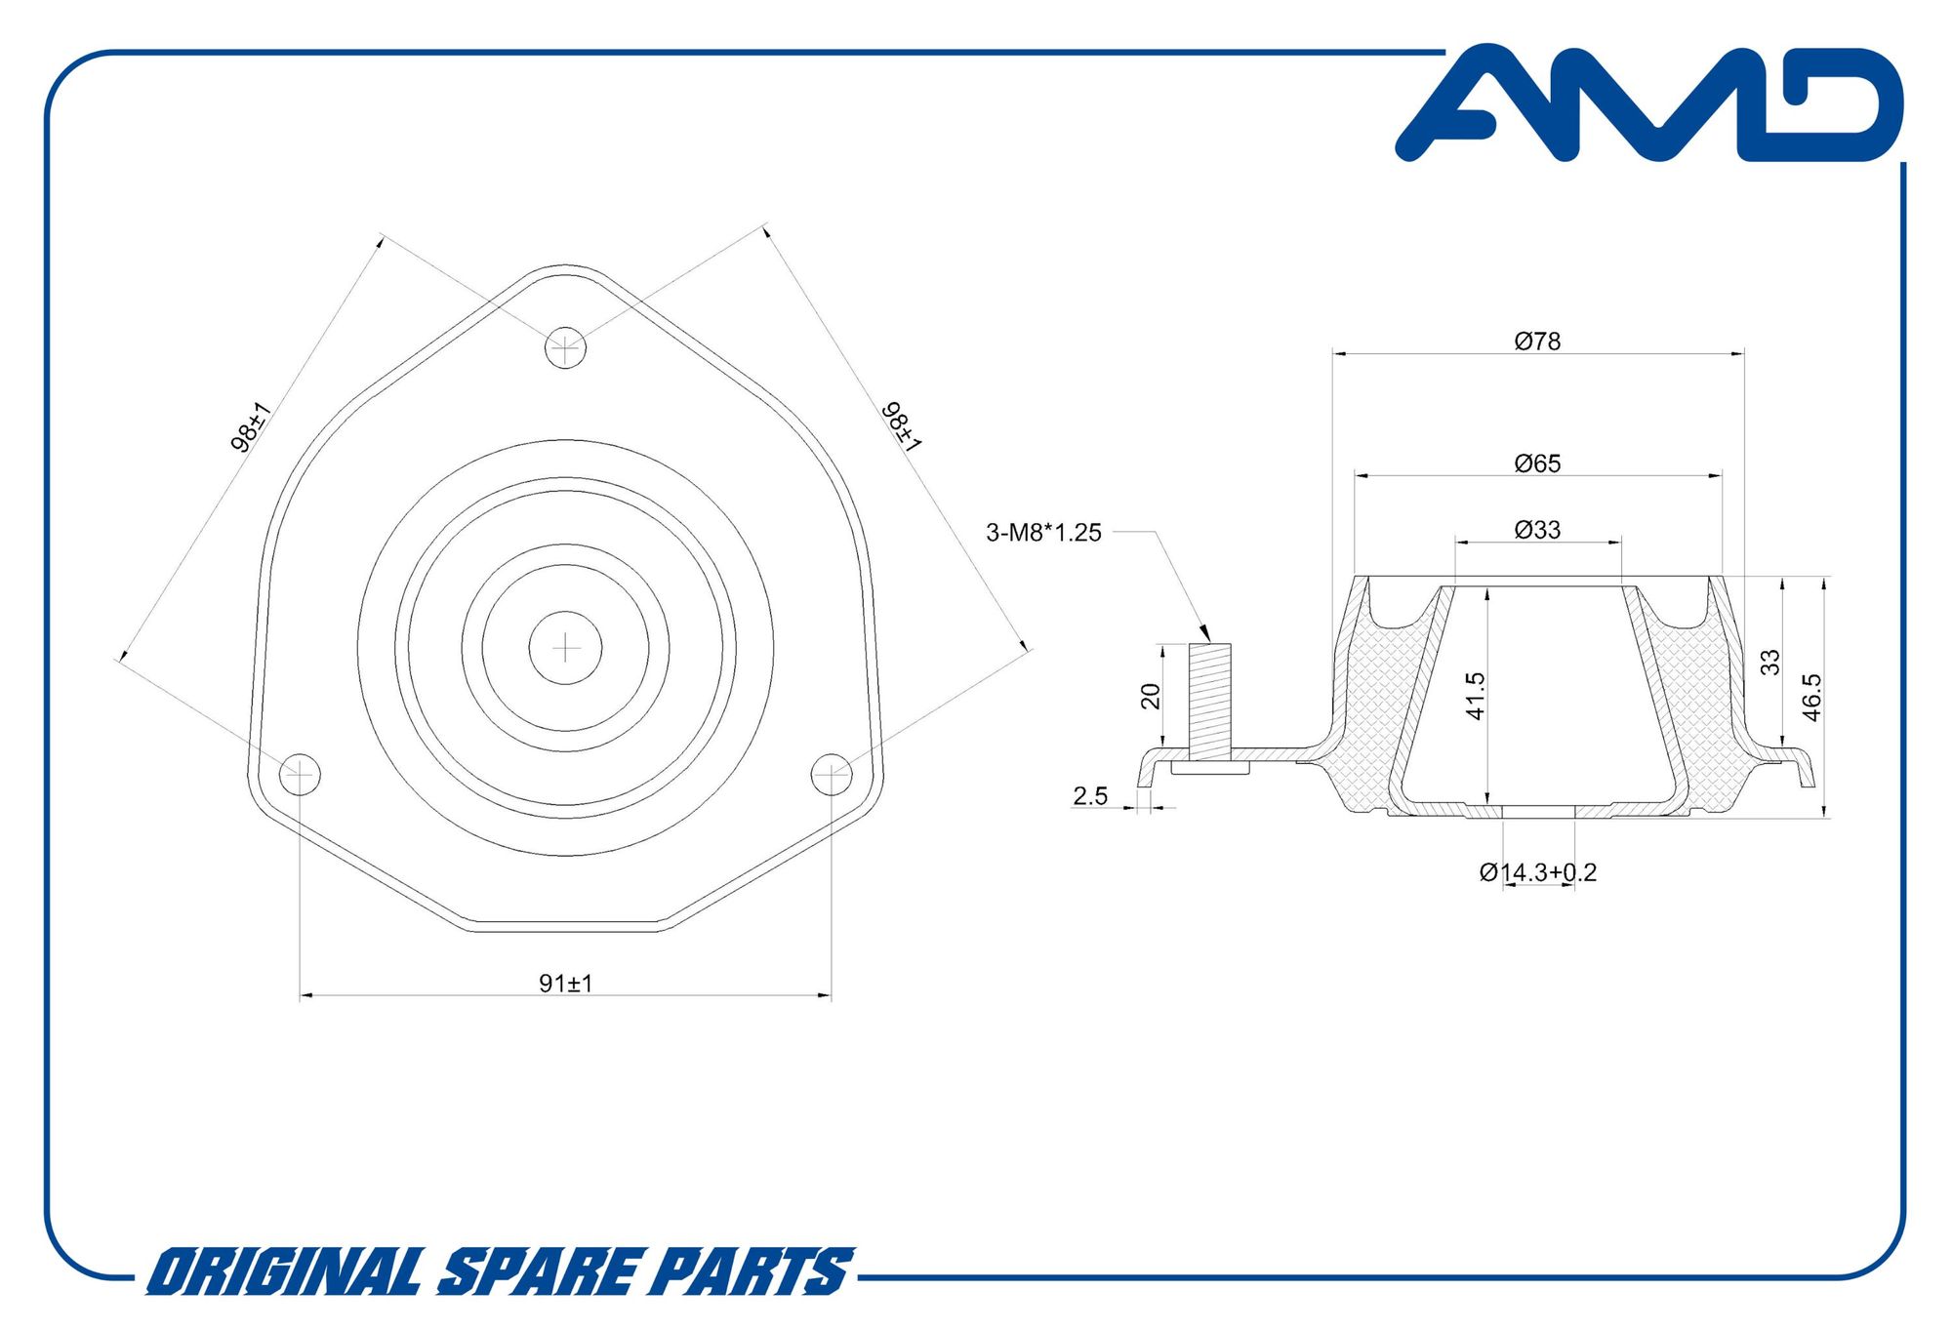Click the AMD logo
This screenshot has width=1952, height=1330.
[1649, 102]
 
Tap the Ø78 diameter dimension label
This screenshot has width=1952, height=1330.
[1537, 342]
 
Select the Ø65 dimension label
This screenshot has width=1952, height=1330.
[1537, 463]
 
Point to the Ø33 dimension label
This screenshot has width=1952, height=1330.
[1537, 530]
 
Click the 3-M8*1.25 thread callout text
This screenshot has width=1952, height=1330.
[1043, 533]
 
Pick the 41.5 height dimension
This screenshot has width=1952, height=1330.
[1475, 696]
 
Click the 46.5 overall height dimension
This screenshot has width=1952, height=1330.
[1811, 697]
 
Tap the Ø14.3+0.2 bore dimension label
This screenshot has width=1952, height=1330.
[1537, 872]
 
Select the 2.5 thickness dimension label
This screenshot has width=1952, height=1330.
[1090, 796]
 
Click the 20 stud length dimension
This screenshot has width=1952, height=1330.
[1151, 696]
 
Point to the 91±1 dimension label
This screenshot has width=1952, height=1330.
[566, 984]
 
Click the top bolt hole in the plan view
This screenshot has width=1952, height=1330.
[565, 347]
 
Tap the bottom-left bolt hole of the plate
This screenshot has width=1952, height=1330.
[300, 774]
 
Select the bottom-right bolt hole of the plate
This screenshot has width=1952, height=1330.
[832, 774]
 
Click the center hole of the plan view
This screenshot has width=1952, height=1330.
[565, 648]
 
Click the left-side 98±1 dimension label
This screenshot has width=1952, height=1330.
[250, 427]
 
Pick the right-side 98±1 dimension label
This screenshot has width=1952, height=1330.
[902, 427]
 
